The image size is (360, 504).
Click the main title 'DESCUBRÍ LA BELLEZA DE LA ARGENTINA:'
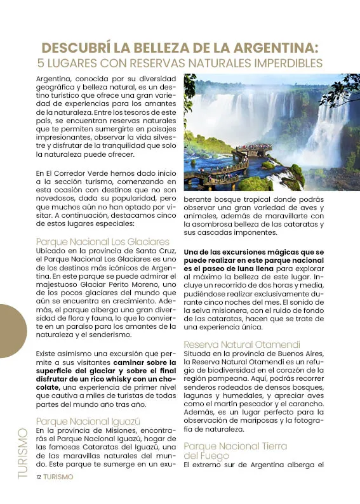click(180, 48)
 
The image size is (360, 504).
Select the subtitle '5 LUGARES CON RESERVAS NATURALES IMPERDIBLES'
click(180, 63)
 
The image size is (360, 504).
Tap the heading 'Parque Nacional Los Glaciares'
click(103, 242)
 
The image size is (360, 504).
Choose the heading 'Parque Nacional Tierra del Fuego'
click(235, 451)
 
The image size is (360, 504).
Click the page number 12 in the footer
click(39, 477)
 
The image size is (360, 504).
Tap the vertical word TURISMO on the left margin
click(23, 453)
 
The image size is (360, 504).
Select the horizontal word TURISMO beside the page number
click(58, 477)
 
